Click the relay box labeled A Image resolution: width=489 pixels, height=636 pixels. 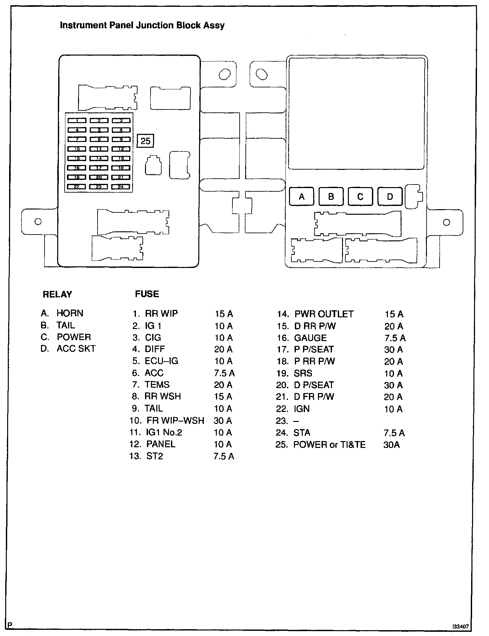(x=301, y=197)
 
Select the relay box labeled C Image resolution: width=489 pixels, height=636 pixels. (x=360, y=197)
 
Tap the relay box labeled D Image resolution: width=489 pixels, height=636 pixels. (x=390, y=197)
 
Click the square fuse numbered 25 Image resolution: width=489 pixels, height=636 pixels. (x=145, y=141)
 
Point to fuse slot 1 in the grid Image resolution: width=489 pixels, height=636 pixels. (x=77, y=121)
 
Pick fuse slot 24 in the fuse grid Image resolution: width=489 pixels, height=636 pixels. (x=121, y=187)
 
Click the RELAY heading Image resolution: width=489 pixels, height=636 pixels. (x=57, y=294)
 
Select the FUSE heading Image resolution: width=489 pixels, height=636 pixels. (x=147, y=294)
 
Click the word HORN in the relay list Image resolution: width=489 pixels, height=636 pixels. (x=70, y=313)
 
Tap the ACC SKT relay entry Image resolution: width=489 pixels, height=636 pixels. (x=76, y=349)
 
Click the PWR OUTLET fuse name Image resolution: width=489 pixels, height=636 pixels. (x=324, y=314)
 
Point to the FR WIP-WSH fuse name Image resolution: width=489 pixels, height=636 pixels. (x=175, y=421)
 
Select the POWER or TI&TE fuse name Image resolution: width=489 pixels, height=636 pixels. (x=329, y=445)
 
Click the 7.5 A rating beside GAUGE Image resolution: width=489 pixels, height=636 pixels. (x=395, y=338)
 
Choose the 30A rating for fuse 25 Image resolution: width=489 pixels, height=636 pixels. (x=391, y=445)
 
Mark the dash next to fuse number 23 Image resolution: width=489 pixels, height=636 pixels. (x=296, y=421)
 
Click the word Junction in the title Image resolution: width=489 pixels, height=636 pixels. (x=155, y=25)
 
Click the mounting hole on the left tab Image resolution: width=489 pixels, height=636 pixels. (x=38, y=222)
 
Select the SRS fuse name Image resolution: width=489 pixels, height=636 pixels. (x=303, y=373)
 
